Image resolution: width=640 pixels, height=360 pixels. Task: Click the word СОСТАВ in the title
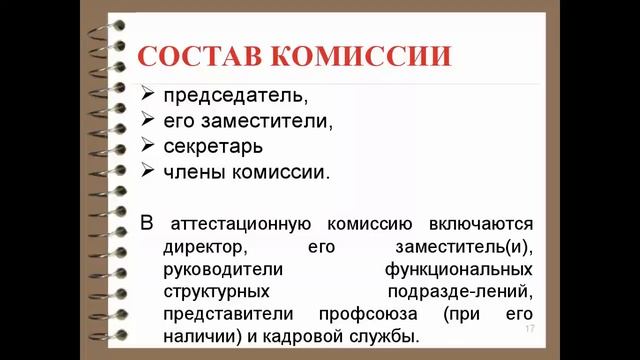tap(204, 54)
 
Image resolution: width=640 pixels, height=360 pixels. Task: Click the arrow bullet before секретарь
tap(147, 146)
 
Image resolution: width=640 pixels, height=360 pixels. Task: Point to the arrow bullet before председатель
tap(147, 97)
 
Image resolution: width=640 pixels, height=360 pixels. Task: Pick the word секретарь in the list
tap(213, 146)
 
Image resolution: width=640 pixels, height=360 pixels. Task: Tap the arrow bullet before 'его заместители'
tap(147, 121)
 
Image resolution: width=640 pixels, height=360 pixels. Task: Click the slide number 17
tap(529, 330)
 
